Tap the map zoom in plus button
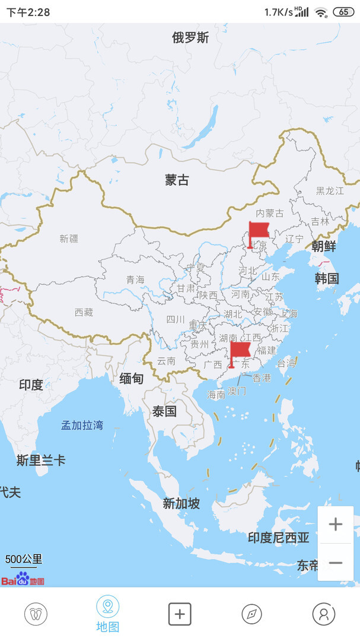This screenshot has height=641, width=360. (335, 524)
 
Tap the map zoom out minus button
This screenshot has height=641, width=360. (335, 562)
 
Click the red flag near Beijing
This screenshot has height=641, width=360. (258, 233)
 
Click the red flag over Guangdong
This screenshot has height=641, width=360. (240, 353)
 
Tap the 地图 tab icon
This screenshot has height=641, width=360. (107, 607)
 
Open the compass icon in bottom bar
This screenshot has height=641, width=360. (251, 614)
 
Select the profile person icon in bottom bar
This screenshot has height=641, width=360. (323, 614)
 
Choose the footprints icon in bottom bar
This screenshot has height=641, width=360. (36, 614)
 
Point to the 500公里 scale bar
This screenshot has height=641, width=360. (24, 560)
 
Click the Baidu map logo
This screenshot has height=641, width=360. (23, 579)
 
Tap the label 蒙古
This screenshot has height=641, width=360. (177, 180)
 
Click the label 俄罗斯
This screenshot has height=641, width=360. (190, 38)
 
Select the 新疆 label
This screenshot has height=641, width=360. (69, 239)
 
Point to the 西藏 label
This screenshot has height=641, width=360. (84, 312)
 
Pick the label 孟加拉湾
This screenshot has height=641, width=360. (82, 425)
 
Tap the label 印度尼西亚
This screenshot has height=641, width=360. (278, 538)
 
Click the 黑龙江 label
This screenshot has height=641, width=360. (330, 191)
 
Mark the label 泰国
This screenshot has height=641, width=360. (164, 411)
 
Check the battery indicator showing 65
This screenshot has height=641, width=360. (343, 12)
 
